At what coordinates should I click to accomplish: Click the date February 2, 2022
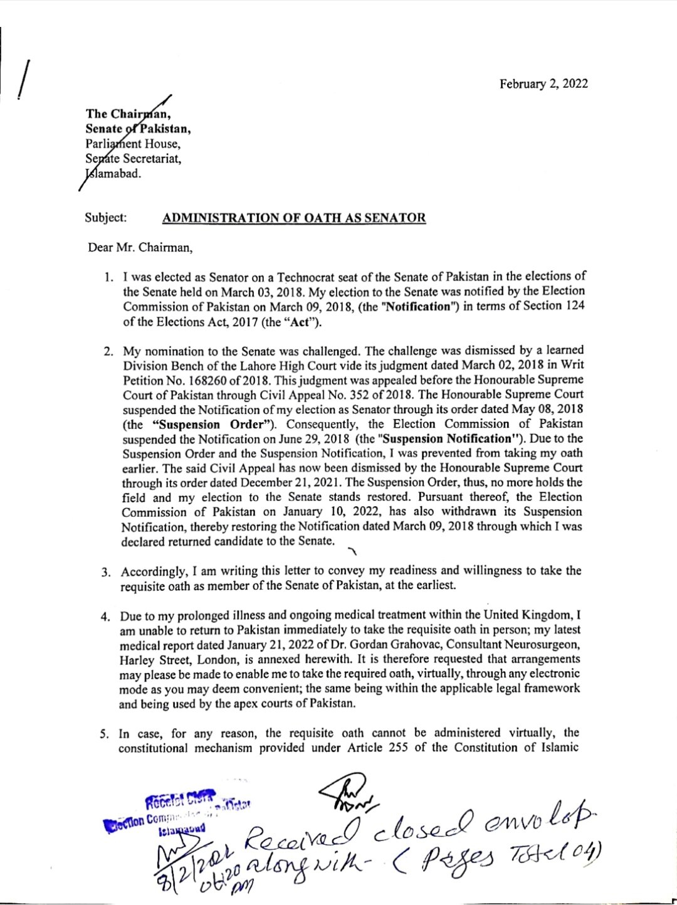pos(543,84)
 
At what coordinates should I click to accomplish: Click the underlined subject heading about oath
pos(294,218)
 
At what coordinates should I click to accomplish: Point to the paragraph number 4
pos(107,616)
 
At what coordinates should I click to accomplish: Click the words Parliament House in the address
pos(133,144)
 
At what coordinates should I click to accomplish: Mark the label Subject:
pos(105,218)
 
